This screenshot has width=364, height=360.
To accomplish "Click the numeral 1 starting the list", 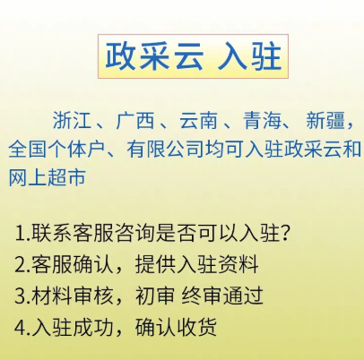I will click(20, 235).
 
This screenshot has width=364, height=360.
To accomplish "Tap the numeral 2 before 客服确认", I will click(20, 265).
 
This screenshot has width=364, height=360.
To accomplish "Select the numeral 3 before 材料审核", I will click(20, 296).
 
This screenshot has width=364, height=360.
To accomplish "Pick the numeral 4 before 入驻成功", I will click(20, 326).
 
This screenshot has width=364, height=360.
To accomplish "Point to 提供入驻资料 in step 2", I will click(199, 265).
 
